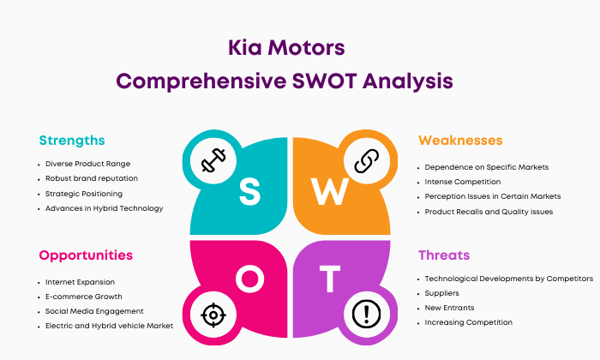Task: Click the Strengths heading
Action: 72,140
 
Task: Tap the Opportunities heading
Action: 86,255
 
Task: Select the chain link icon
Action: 368,160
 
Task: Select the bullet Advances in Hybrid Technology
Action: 104,208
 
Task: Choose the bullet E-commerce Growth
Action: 83,296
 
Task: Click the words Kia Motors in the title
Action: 286,46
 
